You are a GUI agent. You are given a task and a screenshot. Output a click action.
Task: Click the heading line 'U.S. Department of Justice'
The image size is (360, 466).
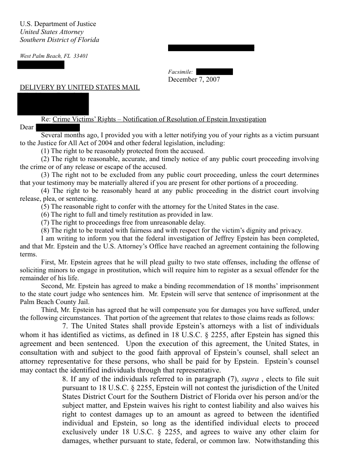tap(58, 24)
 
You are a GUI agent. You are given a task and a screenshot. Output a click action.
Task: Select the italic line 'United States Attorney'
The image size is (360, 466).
tap(52, 32)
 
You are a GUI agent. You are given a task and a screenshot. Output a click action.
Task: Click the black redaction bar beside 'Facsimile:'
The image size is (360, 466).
tap(214, 71)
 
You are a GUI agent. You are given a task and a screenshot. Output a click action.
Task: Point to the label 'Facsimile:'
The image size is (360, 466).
tap(180, 72)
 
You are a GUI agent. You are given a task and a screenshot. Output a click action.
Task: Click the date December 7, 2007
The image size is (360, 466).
tap(194, 79)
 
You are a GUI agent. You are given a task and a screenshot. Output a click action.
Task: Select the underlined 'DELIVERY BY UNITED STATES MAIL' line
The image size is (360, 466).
tap(80, 87)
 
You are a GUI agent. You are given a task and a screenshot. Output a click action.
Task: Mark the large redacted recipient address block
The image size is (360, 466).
tap(54, 104)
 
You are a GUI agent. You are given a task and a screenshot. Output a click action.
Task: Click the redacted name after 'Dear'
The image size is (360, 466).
tap(58, 128)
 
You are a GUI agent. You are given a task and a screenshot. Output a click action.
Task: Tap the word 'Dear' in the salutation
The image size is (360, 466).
tap(27, 128)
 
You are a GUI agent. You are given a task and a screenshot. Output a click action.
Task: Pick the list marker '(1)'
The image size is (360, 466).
tap(45, 151)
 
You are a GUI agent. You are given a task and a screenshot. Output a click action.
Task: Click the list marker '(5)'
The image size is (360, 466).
tap(45, 207)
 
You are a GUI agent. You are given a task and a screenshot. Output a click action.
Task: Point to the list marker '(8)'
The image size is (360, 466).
tap(45, 230)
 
